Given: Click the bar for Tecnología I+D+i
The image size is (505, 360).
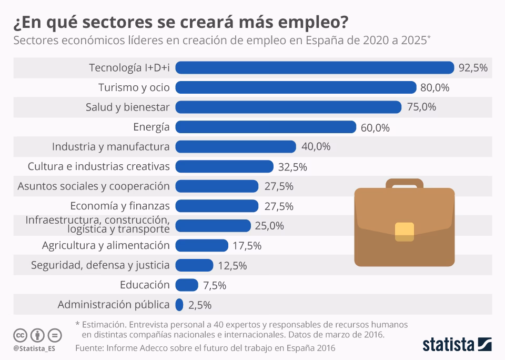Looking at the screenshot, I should (x=315, y=67).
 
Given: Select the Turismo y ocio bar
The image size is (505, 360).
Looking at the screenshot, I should (x=296, y=87).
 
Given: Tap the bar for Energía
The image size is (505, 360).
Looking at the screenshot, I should (x=266, y=127).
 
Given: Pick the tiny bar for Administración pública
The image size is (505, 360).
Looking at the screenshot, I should (x=179, y=305).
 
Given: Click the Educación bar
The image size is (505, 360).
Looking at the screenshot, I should (x=186, y=285).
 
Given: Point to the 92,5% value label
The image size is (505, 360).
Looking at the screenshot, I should (x=473, y=68).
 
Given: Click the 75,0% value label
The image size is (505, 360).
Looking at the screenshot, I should (x=421, y=107).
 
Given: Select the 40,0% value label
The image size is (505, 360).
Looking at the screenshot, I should (x=316, y=147).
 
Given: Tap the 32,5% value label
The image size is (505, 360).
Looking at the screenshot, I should (x=293, y=167).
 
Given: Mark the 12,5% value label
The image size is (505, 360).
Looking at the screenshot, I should (x=233, y=266).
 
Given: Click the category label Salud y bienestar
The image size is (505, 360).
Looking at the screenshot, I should (x=127, y=107).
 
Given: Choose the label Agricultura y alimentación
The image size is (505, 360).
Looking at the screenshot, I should (x=106, y=245).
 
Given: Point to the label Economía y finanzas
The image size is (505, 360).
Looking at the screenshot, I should (x=119, y=206).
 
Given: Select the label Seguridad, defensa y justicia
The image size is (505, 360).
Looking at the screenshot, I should (x=100, y=265).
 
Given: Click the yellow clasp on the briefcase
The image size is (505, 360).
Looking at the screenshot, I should (x=405, y=232).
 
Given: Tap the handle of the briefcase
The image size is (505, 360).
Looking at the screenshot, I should (x=404, y=183).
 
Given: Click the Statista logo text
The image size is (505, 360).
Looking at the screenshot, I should (x=448, y=345).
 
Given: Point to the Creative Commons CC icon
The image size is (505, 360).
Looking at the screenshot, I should (x=21, y=335).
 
